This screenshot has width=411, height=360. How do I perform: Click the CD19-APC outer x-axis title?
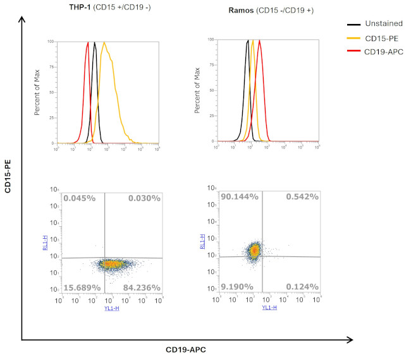click(x=186, y=349)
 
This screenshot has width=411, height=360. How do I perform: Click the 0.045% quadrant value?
click(x=79, y=198)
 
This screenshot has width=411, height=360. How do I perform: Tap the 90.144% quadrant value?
click(x=239, y=197)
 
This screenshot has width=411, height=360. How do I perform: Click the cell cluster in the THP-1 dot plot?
click(x=111, y=265)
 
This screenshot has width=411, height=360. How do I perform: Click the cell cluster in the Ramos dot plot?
click(x=254, y=251)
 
